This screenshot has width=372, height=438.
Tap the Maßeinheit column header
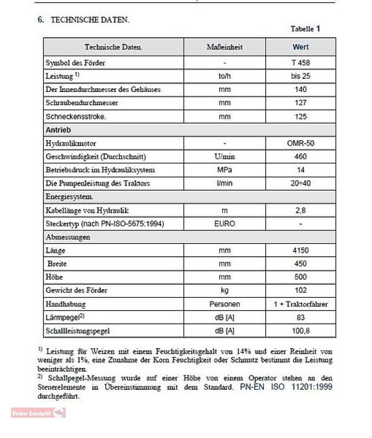tap(225, 47)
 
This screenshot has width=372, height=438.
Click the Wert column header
tap(300, 47)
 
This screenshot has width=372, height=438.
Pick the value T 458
tap(300, 62)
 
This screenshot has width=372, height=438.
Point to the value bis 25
tap(300, 76)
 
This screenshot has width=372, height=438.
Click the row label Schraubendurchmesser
tap(82, 103)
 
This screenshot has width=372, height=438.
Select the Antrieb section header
tap(58, 130)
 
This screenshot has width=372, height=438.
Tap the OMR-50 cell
tap(300, 143)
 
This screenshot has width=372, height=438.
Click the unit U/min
tap(225, 157)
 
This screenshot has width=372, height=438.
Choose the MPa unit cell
tap(225, 170)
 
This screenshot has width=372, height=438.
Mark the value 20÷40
tap(300, 183)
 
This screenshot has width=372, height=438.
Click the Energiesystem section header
tap(69, 197)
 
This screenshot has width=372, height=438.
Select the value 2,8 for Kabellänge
tap(300, 210)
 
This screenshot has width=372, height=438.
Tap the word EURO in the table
tap(225, 223)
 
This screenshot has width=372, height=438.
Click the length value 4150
tap(300, 250)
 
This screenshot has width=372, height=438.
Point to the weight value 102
tap(300, 290)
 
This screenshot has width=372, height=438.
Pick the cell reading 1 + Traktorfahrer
tap(300, 304)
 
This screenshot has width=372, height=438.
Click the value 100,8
tap(300, 331)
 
